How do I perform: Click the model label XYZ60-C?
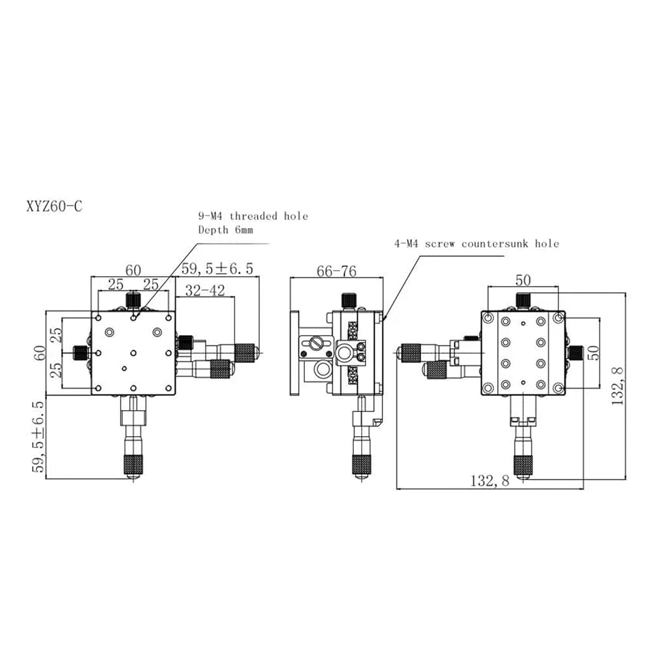click(x=55, y=206)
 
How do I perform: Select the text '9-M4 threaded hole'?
click(x=253, y=216)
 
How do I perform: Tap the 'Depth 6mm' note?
click(x=226, y=230)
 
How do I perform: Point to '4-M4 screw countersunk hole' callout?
click(x=477, y=244)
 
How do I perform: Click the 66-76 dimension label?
click(x=336, y=271)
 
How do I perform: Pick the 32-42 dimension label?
click(x=205, y=291)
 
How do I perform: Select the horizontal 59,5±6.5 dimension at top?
click(x=217, y=268)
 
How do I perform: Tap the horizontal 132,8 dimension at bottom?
click(x=490, y=481)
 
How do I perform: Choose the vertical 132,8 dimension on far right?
click(x=617, y=386)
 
